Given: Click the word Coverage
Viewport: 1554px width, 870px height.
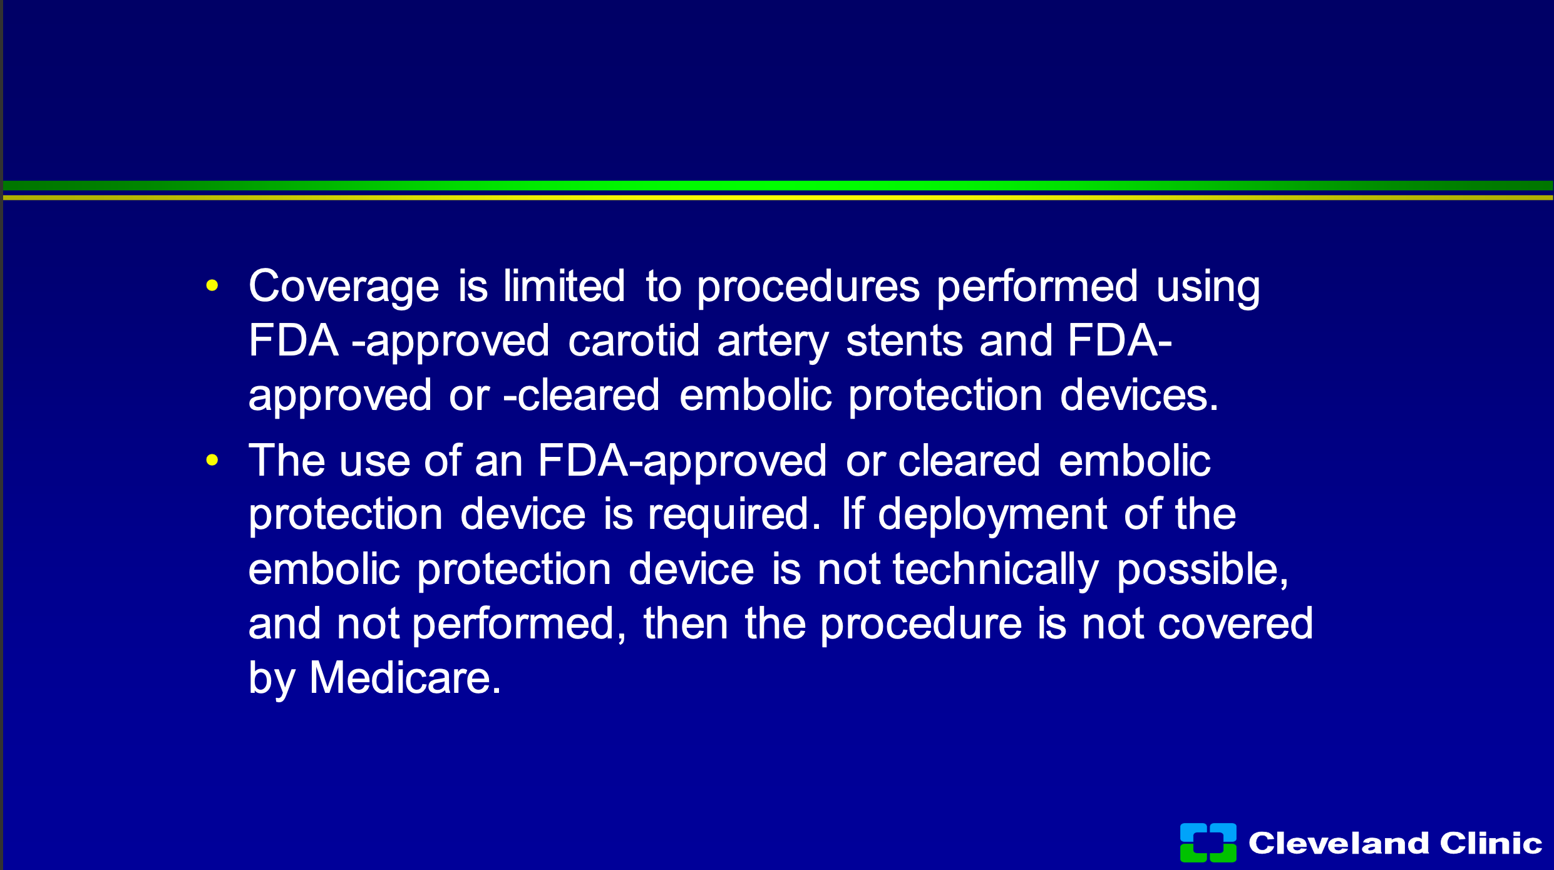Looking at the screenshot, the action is (344, 287).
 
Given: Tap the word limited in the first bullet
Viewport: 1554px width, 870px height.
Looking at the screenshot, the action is (564, 285).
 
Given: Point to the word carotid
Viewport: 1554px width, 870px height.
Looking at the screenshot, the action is (633, 340).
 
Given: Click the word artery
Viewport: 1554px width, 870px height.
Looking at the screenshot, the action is (773, 342).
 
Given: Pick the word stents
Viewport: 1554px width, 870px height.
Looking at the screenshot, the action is (904, 342).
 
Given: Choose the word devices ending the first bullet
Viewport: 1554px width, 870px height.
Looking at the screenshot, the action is (1139, 395).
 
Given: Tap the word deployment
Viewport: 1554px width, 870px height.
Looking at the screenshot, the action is (992, 515).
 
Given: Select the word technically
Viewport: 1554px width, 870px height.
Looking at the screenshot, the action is (996, 570).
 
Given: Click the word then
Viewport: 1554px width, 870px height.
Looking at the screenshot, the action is (686, 623).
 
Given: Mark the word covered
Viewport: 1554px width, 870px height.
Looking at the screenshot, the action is (1235, 624).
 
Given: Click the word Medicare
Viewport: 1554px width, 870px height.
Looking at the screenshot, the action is (405, 678).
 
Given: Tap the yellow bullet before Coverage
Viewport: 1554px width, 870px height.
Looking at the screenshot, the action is (212, 286).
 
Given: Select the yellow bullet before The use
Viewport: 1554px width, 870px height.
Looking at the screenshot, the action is (212, 461).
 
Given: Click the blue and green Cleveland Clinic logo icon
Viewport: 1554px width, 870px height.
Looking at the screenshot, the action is (1208, 842).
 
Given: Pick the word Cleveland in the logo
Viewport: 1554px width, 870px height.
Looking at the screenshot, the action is (1339, 842).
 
